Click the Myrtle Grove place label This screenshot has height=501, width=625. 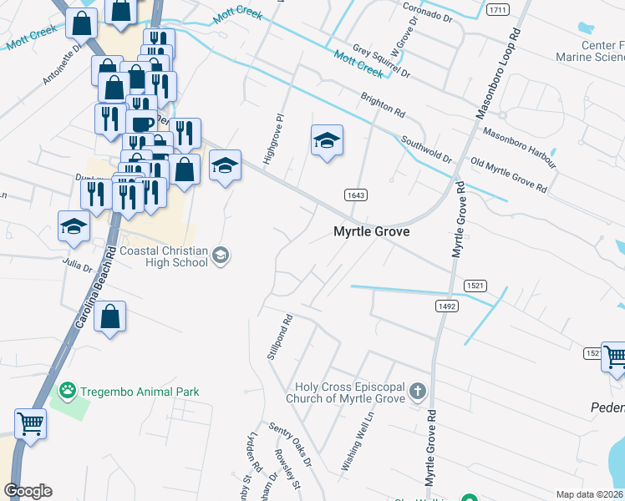point(372,232)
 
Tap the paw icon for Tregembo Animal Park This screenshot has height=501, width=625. point(67,390)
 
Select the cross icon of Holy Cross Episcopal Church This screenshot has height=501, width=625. point(419,391)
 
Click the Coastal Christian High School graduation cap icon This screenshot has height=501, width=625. point(221,255)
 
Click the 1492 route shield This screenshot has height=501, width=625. point(445,306)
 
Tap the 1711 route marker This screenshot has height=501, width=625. point(499,9)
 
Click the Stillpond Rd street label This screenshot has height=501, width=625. point(278,337)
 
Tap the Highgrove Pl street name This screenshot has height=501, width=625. point(273,137)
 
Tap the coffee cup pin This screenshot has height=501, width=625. point(141,124)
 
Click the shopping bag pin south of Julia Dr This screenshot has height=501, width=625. point(109,317)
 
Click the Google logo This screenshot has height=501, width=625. point(28,491)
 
